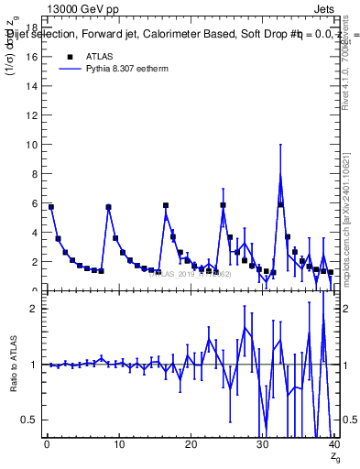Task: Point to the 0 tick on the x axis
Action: coord(47,446)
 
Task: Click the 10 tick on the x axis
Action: coord(118,446)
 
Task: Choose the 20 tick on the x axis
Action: coord(191,446)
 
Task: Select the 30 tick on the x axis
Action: coord(262,446)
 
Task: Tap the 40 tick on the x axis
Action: coord(333,446)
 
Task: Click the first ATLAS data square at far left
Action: coord(51,207)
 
